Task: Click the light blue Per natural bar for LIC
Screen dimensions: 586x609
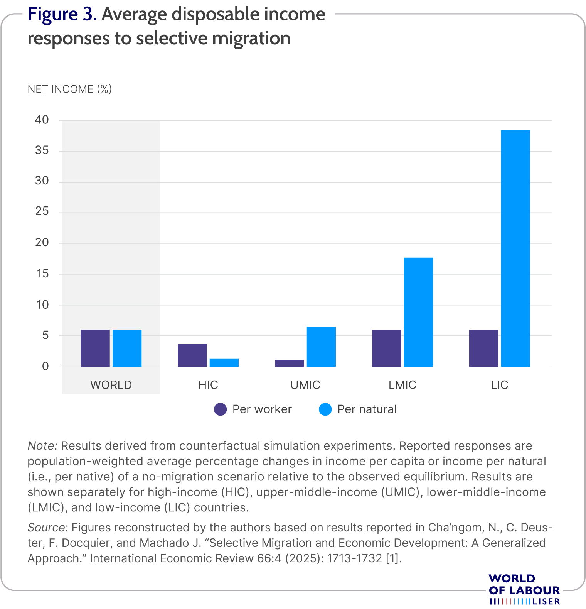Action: click(x=515, y=249)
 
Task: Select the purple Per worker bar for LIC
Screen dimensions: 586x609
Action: click(x=483, y=348)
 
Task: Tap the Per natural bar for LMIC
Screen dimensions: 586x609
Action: click(x=418, y=312)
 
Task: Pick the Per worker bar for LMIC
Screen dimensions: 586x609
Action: click(x=386, y=348)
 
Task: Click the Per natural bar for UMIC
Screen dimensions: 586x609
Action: click(x=321, y=347)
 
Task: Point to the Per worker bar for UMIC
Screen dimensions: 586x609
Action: click(x=289, y=363)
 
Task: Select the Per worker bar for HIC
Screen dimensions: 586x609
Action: click(x=192, y=355)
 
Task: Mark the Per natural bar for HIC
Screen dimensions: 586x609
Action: click(x=224, y=362)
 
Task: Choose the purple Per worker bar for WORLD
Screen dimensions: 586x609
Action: click(x=95, y=348)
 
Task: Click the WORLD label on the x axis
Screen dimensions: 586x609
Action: click(x=111, y=385)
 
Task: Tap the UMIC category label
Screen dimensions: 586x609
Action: click(x=305, y=385)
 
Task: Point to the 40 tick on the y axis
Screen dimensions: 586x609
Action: click(x=42, y=120)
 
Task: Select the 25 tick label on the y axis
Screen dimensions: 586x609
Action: click(x=42, y=211)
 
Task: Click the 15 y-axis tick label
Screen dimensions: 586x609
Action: click(x=42, y=274)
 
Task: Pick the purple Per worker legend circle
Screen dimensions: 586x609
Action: click(x=221, y=409)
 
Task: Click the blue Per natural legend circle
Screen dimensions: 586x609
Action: click(x=325, y=409)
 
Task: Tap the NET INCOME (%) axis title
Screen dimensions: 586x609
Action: click(x=70, y=89)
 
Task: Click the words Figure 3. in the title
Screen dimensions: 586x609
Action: click(x=62, y=14)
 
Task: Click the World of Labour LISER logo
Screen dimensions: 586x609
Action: click(x=524, y=589)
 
